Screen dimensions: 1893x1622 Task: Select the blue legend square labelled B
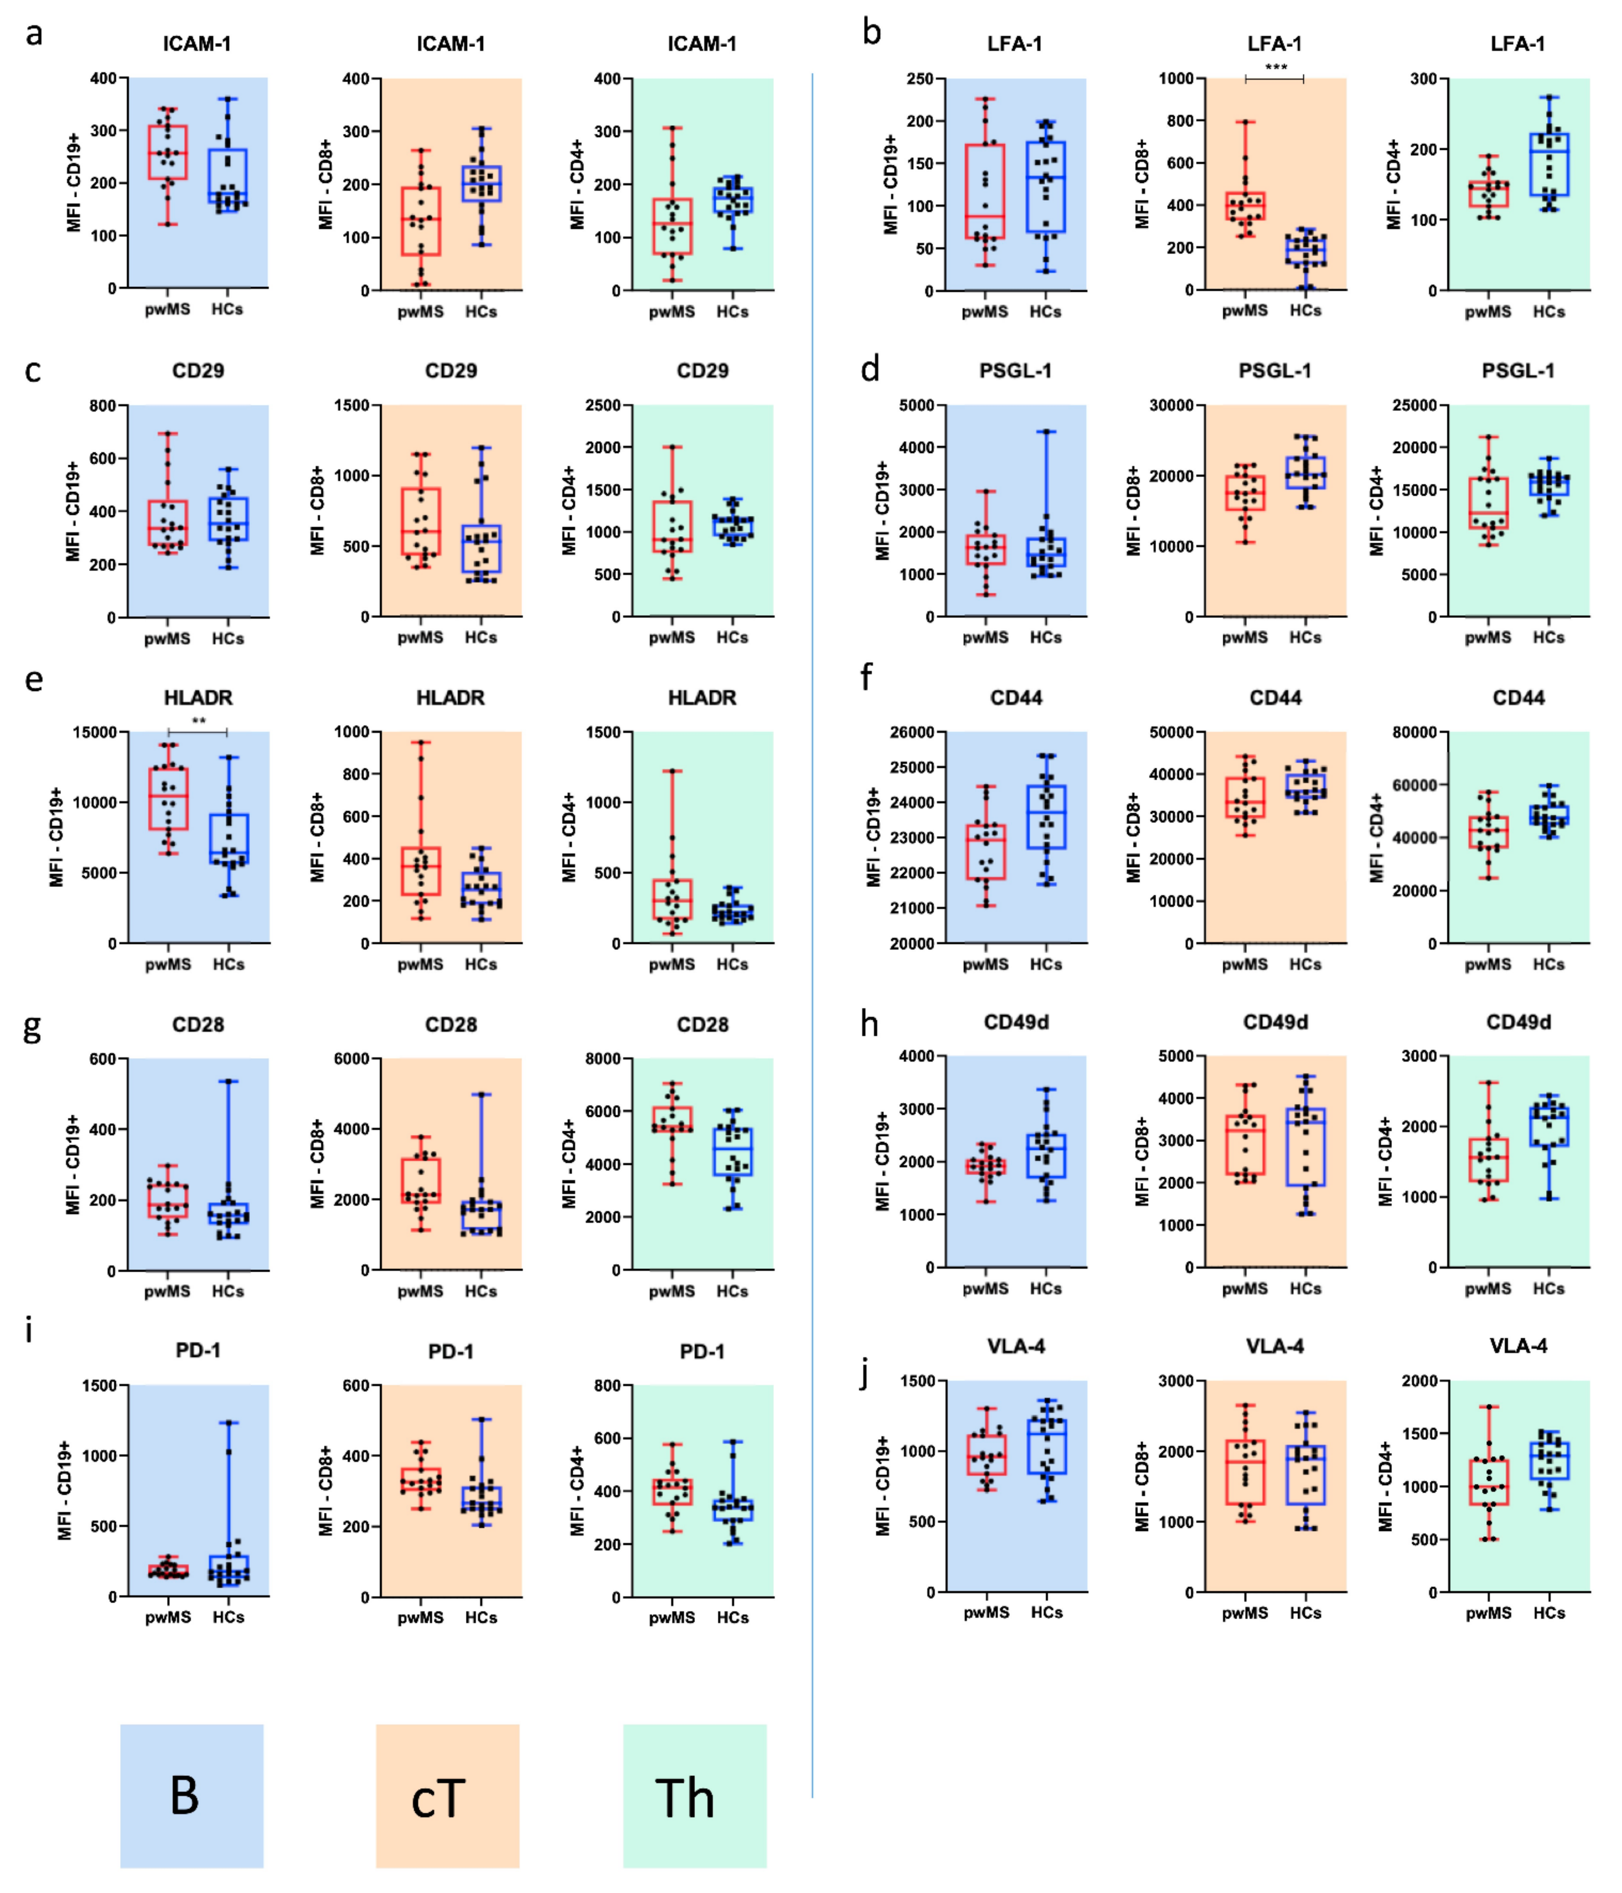pyautogui.click(x=192, y=1795)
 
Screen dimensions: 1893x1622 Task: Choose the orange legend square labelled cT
pyautogui.click(x=447, y=1795)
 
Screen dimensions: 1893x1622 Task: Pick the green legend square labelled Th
pyautogui.click(x=695, y=1795)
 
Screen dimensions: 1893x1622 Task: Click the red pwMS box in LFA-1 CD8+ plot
pyautogui.click(x=1245, y=206)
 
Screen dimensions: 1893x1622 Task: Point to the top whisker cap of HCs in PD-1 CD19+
pyautogui.click(x=228, y=1422)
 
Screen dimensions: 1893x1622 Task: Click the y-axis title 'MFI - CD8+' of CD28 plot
pyautogui.click(x=317, y=1163)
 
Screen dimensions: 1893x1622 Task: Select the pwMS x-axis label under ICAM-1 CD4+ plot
pyautogui.click(x=672, y=312)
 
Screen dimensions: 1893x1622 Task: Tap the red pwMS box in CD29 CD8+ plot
pyautogui.click(x=420, y=521)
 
